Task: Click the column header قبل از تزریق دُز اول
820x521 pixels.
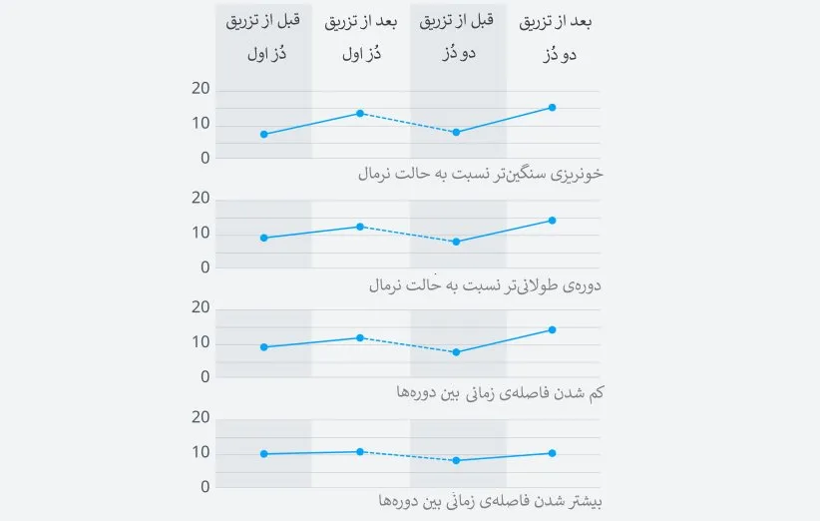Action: click(x=263, y=37)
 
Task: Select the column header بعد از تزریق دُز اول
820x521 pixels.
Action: click(x=360, y=37)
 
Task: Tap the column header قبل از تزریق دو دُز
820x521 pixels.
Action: click(x=457, y=37)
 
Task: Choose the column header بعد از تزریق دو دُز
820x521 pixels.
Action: click(x=553, y=37)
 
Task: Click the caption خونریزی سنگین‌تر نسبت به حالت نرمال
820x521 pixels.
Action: click(x=480, y=174)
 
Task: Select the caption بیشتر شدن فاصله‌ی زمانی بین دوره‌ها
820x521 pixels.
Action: click(x=491, y=501)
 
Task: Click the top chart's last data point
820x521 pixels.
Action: click(x=553, y=107)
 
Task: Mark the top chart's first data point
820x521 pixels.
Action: click(x=263, y=134)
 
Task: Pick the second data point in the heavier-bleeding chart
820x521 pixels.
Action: click(x=360, y=113)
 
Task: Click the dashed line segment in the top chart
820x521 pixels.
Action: click(x=408, y=123)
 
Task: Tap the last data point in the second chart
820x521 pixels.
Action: click(x=553, y=221)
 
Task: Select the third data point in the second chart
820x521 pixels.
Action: click(x=457, y=242)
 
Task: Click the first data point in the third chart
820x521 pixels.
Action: click(x=263, y=347)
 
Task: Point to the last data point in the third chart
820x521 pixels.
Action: click(x=553, y=329)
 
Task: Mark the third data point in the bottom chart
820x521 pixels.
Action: click(x=457, y=460)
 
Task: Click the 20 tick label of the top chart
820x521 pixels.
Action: click(x=200, y=89)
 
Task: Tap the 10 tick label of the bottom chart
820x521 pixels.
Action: click(x=200, y=452)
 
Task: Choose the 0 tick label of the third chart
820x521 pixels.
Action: click(x=205, y=376)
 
